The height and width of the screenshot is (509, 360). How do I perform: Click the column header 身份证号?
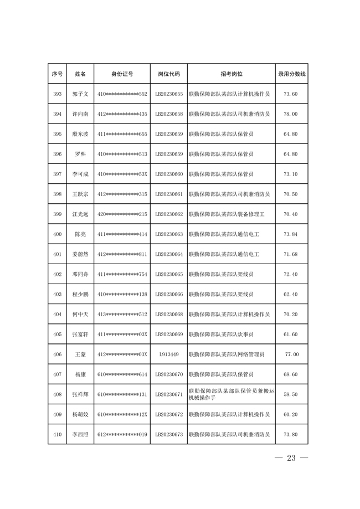[122, 74]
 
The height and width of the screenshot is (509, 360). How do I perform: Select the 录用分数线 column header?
[291, 74]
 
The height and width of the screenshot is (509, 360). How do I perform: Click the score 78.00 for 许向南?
[291, 114]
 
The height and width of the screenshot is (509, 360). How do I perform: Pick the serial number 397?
[57, 174]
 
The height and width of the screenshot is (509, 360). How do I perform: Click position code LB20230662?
[169, 214]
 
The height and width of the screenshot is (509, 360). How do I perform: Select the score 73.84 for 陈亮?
[291, 234]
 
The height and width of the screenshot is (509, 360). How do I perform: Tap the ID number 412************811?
[122, 254]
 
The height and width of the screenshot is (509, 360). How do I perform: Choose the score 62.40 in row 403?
[291, 294]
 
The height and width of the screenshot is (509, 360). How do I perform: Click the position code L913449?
[169, 354]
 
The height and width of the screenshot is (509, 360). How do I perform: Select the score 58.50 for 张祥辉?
[291, 394]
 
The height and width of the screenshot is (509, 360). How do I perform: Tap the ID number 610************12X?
[122, 414]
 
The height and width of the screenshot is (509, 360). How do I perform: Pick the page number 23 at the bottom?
[291, 458]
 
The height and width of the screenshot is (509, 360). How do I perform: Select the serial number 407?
[57, 374]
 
